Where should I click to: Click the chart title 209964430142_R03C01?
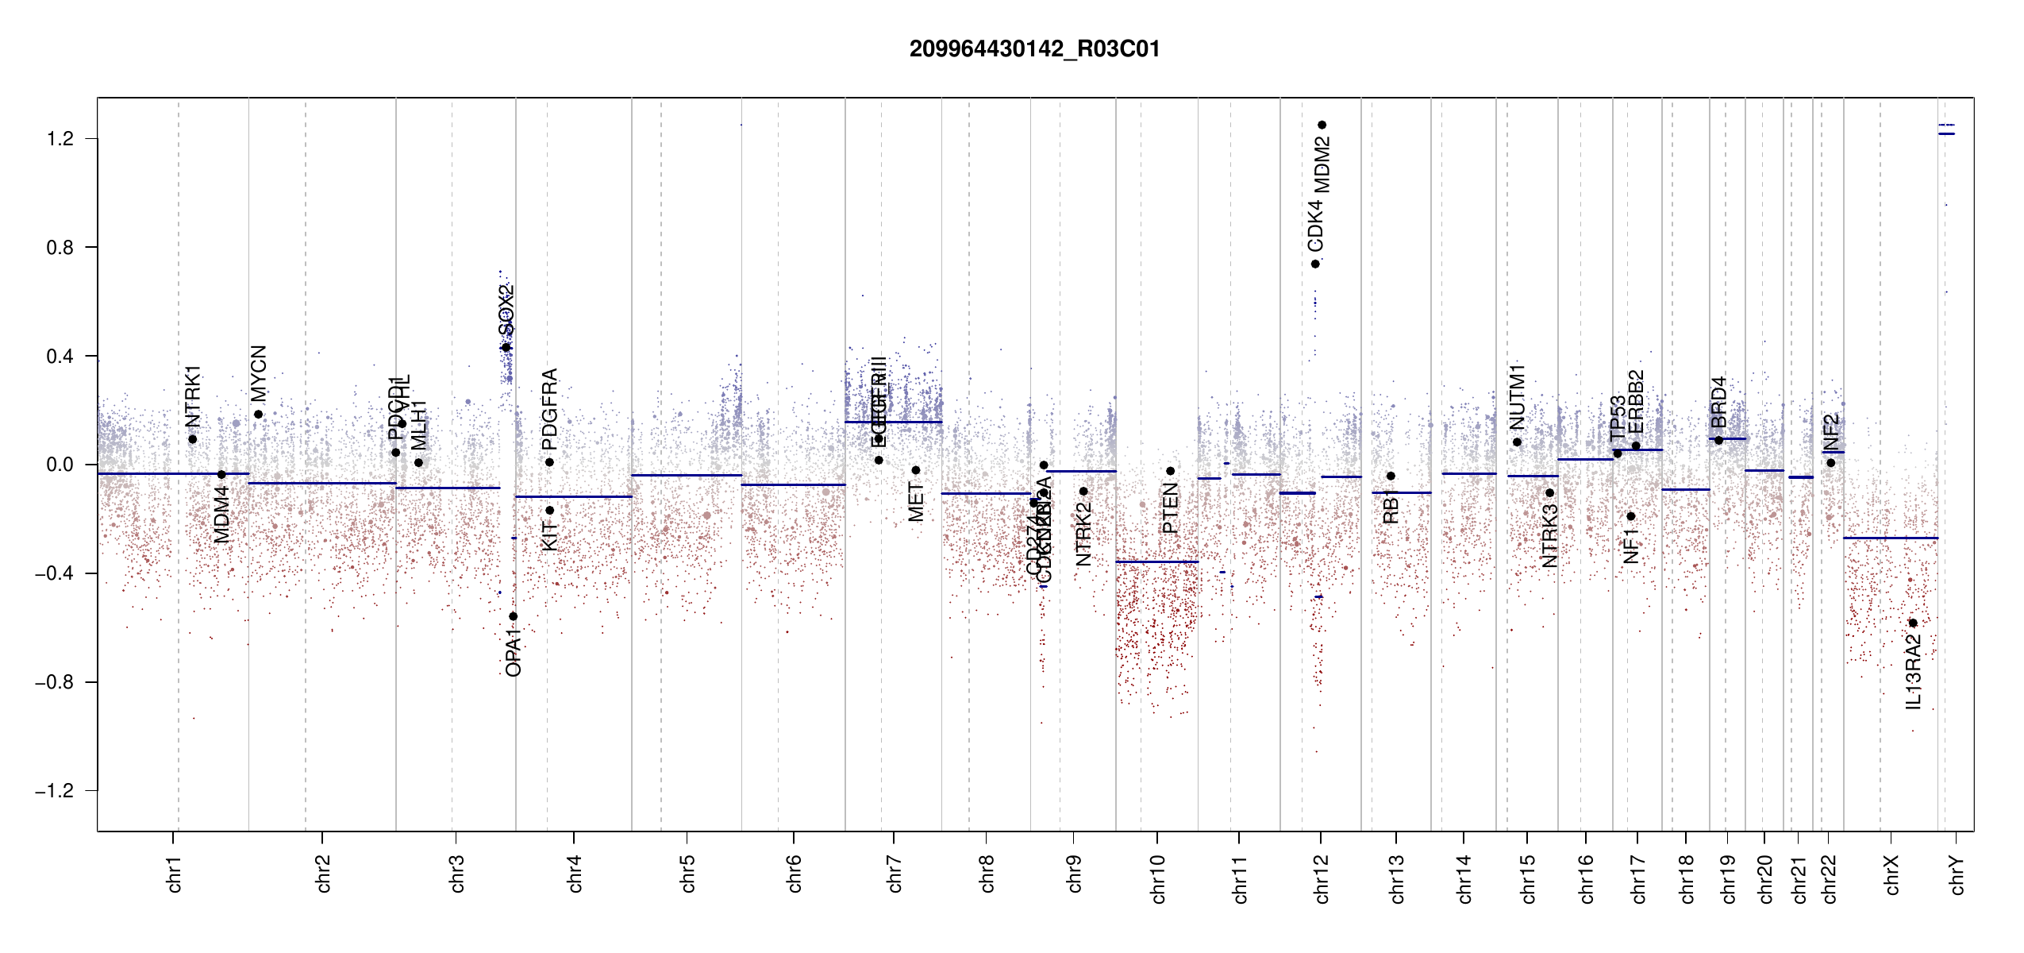point(1034,49)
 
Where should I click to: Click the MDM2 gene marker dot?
point(1322,125)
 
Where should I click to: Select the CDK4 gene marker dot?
point(1315,264)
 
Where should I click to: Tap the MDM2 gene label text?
point(1322,165)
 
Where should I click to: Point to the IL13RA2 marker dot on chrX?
point(1913,623)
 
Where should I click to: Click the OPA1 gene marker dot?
point(514,616)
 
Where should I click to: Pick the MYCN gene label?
point(259,373)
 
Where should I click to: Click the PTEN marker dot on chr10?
point(1170,471)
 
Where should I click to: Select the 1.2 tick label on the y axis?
point(60,139)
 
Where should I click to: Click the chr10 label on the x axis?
point(1157,879)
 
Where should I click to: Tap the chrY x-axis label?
point(1957,875)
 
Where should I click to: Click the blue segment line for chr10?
point(1156,561)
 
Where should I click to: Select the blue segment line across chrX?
point(1890,538)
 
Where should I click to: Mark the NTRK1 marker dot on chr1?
point(192,439)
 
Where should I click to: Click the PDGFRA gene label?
point(549,408)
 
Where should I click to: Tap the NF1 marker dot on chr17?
point(1631,516)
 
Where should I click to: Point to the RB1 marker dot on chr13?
point(1391,476)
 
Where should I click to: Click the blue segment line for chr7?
point(893,422)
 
